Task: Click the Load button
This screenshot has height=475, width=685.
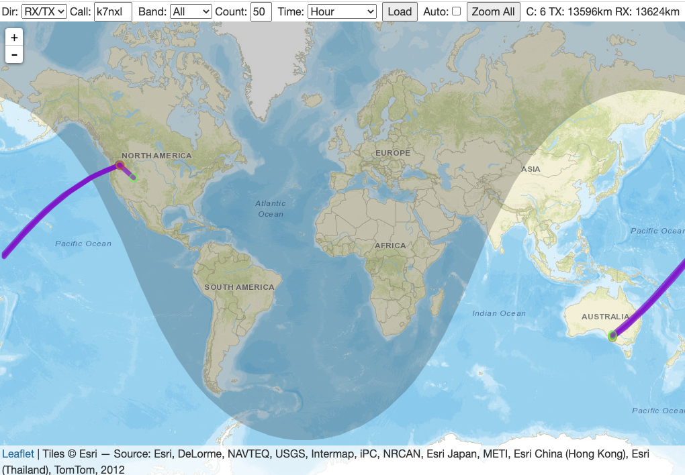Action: click(400, 11)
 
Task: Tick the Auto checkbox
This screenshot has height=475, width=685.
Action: click(457, 11)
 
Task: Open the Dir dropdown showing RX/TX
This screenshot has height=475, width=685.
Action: click(44, 11)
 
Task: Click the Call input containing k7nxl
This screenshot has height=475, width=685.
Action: click(113, 11)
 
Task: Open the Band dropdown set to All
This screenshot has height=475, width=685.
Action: click(191, 11)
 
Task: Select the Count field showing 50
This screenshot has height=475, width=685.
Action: click(261, 11)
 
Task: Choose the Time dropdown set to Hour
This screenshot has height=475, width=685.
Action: click(342, 11)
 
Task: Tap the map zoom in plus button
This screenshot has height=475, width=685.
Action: click(14, 38)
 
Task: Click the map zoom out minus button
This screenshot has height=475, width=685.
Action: click(14, 54)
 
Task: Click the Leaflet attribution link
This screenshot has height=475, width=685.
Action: click(18, 454)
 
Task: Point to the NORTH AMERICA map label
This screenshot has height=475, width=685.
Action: click(156, 156)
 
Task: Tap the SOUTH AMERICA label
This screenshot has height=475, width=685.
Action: click(240, 287)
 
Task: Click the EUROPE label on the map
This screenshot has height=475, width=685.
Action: click(393, 153)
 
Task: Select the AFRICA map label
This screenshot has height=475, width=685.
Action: click(391, 246)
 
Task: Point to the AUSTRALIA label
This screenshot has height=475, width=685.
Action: click(606, 317)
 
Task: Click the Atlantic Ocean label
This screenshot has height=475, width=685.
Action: click(271, 208)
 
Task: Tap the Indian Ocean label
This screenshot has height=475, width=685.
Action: click(499, 313)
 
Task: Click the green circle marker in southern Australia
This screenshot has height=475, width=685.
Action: click(612, 335)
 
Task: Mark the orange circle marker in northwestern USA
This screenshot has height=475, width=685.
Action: click(120, 165)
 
